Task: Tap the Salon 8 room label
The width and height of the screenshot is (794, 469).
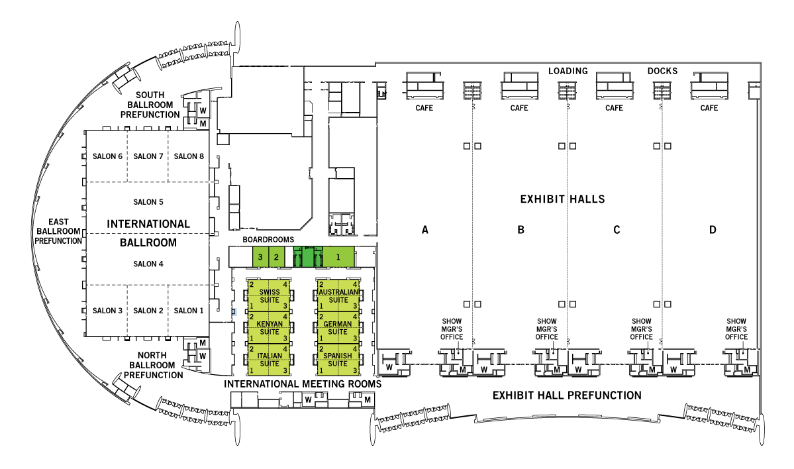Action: click(189, 156)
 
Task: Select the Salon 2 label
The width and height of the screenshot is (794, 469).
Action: click(148, 311)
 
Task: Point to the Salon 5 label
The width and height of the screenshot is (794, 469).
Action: click(148, 202)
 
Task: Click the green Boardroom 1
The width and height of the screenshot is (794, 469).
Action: click(338, 256)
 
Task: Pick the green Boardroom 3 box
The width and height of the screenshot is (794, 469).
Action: click(261, 256)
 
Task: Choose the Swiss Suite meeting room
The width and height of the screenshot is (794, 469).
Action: click(270, 295)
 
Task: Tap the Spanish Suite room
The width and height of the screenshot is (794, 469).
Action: click(338, 359)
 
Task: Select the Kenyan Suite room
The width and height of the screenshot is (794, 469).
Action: click(270, 327)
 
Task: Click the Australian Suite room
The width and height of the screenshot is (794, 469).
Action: click(338, 295)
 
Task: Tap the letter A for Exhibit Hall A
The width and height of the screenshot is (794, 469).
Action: click(425, 231)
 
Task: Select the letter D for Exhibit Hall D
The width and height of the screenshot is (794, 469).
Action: click(713, 231)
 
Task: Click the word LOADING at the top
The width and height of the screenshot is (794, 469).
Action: click(568, 71)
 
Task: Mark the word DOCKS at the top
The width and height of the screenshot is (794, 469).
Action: click(662, 71)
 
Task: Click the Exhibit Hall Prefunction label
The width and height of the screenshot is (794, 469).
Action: click(567, 395)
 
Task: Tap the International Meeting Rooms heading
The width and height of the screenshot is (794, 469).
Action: click(303, 384)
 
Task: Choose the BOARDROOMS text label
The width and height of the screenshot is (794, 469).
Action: click(268, 240)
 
